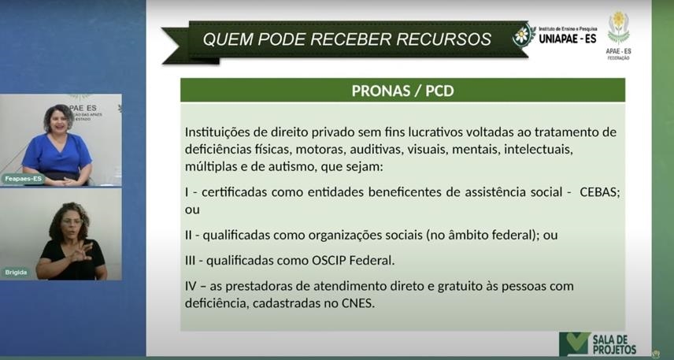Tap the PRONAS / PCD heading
(x=403, y=91)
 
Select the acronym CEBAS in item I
(x=600, y=192)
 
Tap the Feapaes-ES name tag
(x=23, y=179)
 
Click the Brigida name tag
(x=16, y=273)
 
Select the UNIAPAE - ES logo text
(x=568, y=39)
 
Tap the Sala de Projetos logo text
(x=614, y=344)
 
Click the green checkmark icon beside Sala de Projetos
(x=575, y=343)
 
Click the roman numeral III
(x=191, y=261)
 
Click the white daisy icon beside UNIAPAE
(x=522, y=35)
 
